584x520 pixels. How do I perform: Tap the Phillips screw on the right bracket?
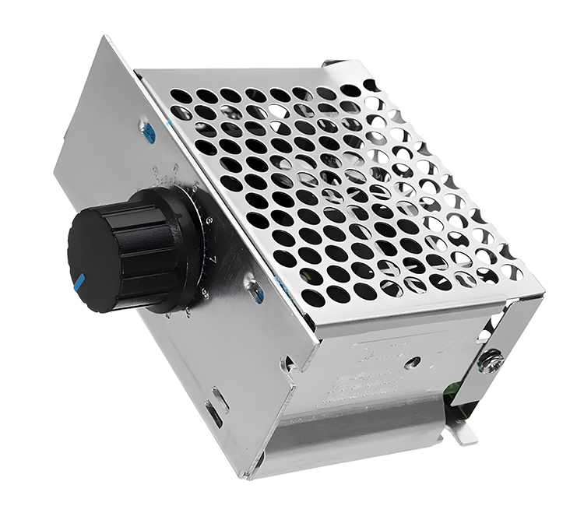(490, 360)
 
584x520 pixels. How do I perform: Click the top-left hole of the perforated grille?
(181, 96)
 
